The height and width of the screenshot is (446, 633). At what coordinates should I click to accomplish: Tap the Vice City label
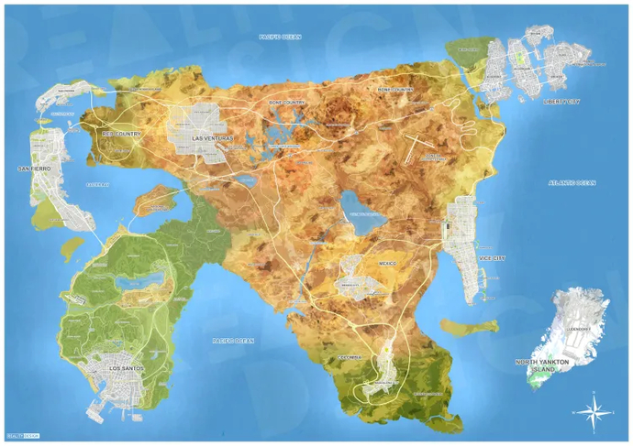pos(492,258)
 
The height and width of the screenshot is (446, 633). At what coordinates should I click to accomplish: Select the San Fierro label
pos(33,169)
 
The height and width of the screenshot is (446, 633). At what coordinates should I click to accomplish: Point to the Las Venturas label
pos(213,138)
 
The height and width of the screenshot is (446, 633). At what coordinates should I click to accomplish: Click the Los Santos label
pos(127,368)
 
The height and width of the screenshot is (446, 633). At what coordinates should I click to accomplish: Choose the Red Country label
pos(118,134)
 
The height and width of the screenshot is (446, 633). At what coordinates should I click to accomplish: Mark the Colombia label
pos(350,356)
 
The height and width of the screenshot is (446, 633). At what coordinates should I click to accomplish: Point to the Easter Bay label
pos(97,184)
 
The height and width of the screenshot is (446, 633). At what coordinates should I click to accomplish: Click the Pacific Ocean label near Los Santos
pos(233,341)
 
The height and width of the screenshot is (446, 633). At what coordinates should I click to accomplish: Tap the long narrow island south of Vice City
pos(469,325)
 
